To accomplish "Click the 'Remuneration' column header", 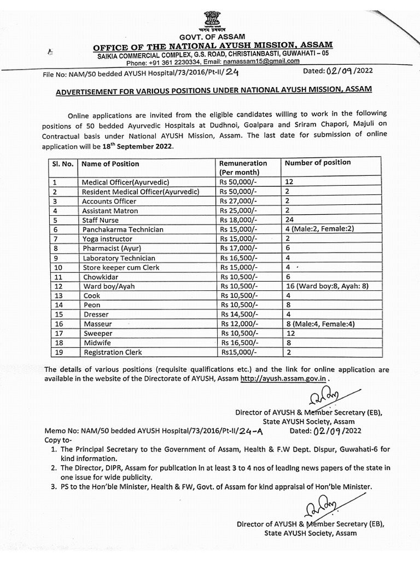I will click(x=243, y=163).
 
